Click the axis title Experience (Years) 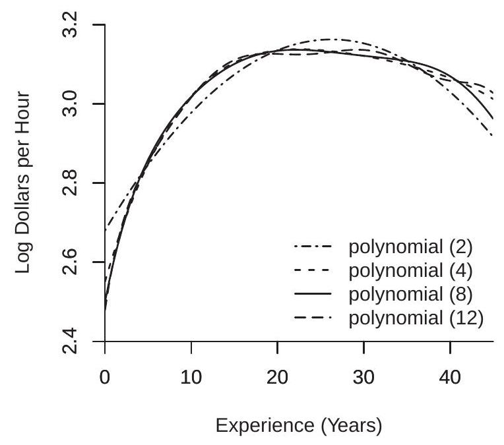click(299, 426)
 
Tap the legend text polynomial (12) click(416, 318)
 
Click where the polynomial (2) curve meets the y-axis click(106, 230)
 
